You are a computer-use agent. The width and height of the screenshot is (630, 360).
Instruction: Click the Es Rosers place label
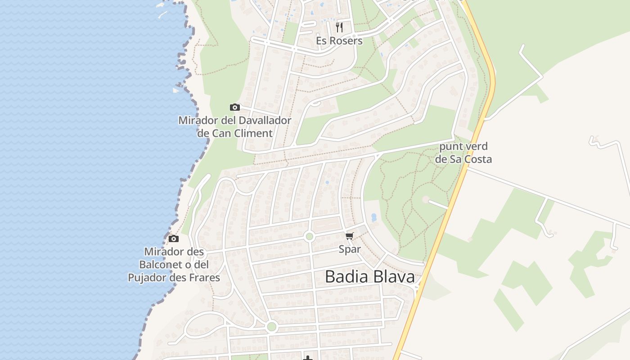click(339, 40)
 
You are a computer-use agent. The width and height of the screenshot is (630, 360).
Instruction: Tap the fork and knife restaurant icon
click(339, 27)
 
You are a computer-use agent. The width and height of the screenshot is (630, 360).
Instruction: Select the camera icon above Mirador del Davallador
click(234, 107)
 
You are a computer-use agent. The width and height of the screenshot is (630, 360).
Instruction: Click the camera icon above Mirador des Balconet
click(174, 238)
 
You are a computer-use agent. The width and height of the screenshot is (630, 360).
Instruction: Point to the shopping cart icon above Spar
click(350, 236)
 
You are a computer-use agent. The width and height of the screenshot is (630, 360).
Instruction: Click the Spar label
click(350, 249)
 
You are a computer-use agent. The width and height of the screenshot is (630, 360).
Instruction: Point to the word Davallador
click(262, 121)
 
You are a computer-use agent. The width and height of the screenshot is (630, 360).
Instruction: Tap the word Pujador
click(147, 277)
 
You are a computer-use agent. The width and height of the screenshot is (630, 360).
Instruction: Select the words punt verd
click(463, 146)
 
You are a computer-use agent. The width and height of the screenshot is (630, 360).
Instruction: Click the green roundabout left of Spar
click(309, 236)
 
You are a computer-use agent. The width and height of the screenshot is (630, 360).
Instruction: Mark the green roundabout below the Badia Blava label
click(271, 326)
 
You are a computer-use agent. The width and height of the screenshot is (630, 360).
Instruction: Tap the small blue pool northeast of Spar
click(373, 217)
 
